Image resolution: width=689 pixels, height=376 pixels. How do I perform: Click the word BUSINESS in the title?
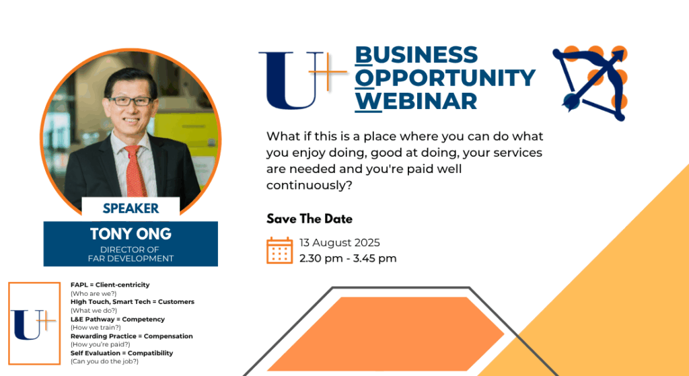pyautogui.click(x=416, y=55)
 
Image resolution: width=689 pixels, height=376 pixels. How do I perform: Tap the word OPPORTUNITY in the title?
pyautogui.click(x=445, y=78)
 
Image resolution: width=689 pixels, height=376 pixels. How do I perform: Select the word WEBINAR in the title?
pyautogui.click(x=416, y=101)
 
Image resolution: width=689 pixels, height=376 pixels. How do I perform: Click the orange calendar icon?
pyautogui.click(x=279, y=250)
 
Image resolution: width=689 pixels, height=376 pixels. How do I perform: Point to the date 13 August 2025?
pyautogui.click(x=340, y=242)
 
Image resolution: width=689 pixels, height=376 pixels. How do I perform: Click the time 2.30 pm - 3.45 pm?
pyautogui.click(x=348, y=258)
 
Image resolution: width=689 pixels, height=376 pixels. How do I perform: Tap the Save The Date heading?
pyautogui.click(x=310, y=219)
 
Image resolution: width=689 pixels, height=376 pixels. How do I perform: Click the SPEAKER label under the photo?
pyautogui.click(x=131, y=209)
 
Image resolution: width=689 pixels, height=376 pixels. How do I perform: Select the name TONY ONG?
pyautogui.click(x=131, y=233)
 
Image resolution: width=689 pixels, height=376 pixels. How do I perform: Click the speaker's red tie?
pyautogui.click(x=135, y=171)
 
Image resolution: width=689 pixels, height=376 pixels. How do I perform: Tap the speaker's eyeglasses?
pyautogui.click(x=131, y=101)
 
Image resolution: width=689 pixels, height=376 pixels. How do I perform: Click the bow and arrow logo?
pyautogui.click(x=590, y=83)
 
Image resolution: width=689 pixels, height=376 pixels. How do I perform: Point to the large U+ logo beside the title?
pyautogui.click(x=303, y=80)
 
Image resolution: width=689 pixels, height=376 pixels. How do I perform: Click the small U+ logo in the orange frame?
pyautogui.click(x=34, y=324)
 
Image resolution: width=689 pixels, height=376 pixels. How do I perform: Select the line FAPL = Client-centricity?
pyautogui.click(x=110, y=285)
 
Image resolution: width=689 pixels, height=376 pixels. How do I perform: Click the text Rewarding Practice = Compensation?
pyautogui.click(x=131, y=336)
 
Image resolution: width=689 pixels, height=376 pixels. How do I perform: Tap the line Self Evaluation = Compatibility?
pyautogui.click(x=122, y=353)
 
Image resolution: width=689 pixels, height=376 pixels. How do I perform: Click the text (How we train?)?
pyautogui.click(x=96, y=328)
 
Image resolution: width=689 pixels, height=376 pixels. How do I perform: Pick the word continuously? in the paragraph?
pyautogui.click(x=310, y=186)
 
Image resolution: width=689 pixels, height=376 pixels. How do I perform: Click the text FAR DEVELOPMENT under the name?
pyautogui.click(x=131, y=258)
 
